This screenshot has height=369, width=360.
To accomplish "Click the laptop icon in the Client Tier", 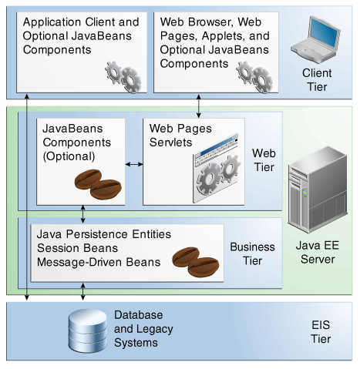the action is pos(315,40).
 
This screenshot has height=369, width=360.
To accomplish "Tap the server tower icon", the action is pos(318,190).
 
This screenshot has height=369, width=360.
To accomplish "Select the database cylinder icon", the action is pos(88,330).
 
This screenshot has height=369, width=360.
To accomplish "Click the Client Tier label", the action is pos(317,80).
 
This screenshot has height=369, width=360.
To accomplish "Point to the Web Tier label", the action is pos(264,160).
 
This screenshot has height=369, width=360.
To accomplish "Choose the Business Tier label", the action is pos(252,253).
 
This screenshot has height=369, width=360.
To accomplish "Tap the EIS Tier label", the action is pos(321,332).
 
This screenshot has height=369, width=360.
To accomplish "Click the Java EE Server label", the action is pos(318,252).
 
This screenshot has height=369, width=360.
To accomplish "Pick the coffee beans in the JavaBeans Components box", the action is pos(98,184).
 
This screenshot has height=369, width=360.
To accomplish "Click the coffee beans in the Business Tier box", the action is pos(196,262).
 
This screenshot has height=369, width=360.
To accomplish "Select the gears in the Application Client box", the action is pos(123,77).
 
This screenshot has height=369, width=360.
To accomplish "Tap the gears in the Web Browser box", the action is pos(254,77).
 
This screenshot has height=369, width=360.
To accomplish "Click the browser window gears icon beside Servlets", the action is pos(217,169).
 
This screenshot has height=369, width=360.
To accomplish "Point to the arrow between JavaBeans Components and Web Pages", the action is pos(134,164).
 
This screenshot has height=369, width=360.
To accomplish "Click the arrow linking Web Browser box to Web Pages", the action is pos(198,106).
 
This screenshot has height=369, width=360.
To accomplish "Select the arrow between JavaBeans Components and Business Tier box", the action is pos(82,214).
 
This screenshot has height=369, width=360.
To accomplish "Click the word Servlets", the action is pos(170,143).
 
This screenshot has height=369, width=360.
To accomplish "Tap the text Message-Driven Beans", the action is pos(99,262).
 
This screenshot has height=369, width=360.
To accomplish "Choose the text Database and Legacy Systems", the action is pos(143,329).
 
